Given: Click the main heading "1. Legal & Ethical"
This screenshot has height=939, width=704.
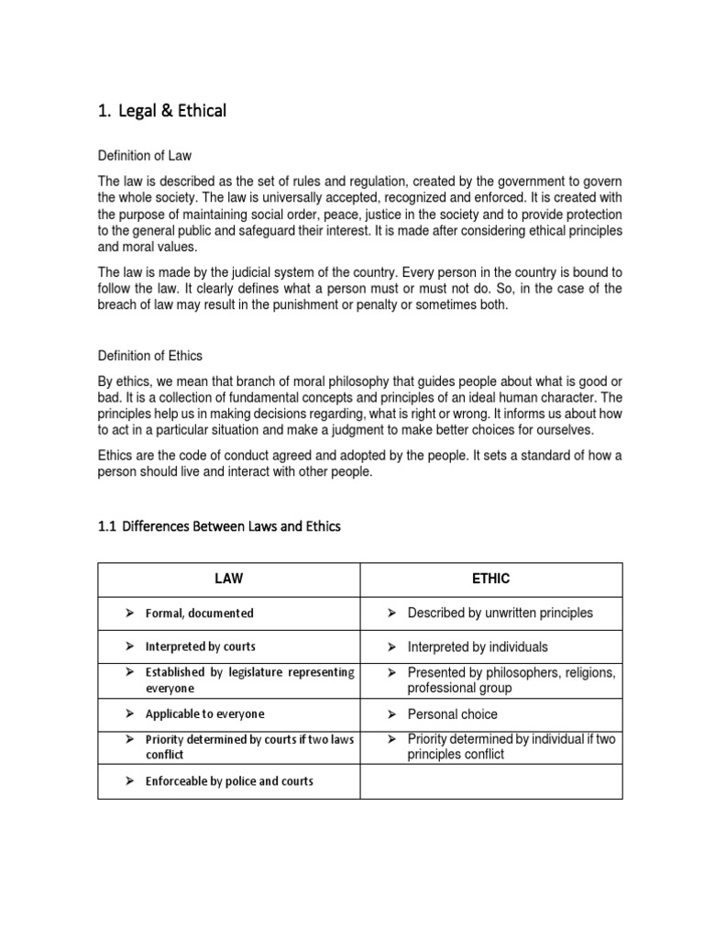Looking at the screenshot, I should (x=161, y=112).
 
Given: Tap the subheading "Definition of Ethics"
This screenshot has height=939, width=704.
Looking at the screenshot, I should (x=150, y=355).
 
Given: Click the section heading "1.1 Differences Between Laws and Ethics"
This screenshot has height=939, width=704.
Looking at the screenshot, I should (x=218, y=526).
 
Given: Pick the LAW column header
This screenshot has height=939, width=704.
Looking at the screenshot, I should (x=228, y=579).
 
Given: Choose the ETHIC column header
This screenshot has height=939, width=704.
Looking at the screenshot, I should (x=490, y=579).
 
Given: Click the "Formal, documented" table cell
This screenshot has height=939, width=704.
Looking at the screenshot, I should (x=199, y=613).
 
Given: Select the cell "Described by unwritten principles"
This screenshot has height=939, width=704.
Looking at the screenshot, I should (x=500, y=613).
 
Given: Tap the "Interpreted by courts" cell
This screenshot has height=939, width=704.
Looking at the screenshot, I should (x=200, y=646).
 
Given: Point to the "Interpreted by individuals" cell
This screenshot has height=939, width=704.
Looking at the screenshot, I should (x=478, y=646).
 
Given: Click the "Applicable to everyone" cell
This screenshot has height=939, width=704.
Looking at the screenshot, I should (x=204, y=713).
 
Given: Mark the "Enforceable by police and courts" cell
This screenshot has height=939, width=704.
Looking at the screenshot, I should (x=229, y=781).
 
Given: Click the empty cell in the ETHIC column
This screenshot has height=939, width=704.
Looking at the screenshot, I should (x=490, y=781).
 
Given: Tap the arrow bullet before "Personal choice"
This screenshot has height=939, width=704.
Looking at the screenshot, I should (x=390, y=713).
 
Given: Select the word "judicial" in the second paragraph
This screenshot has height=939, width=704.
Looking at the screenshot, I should (x=226, y=271).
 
